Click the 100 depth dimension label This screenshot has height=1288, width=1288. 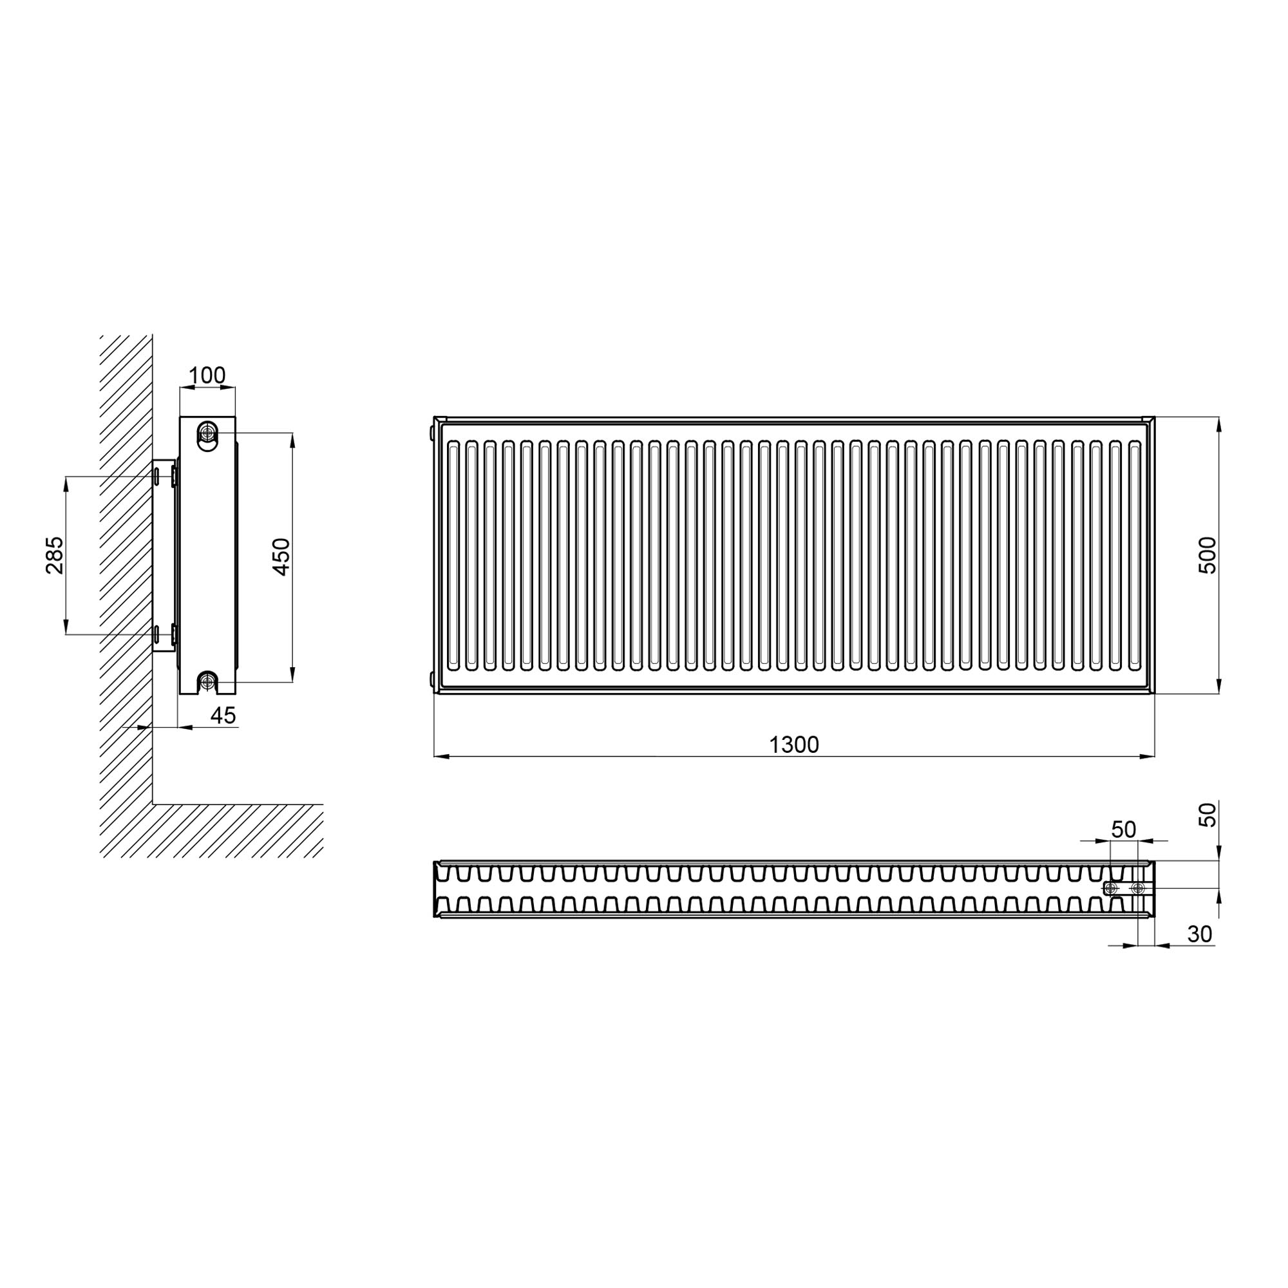(x=207, y=375)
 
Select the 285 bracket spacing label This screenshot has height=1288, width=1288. (x=55, y=554)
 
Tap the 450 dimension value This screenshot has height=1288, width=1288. (x=281, y=556)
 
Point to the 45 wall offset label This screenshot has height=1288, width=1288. (x=223, y=716)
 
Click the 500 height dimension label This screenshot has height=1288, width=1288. (x=1207, y=554)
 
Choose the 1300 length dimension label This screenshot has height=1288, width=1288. (x=794, y=744)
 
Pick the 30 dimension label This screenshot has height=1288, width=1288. (x=1200, y=934)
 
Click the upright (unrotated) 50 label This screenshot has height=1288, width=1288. (x=1124, y=829)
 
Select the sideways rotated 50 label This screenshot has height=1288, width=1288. (x=1207, y=815)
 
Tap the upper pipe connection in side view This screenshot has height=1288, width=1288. (x=208, y=433)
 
